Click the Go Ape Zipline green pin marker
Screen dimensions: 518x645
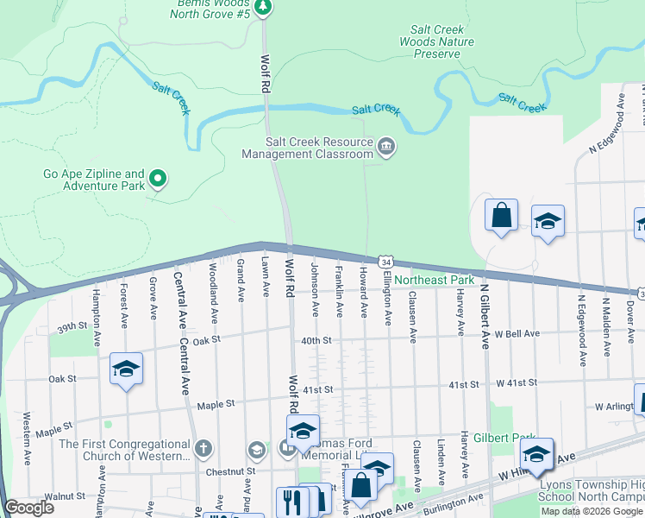158,179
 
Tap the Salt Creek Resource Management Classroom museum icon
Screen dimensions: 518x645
385,148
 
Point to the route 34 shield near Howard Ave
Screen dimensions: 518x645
385,262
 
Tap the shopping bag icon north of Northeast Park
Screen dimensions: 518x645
501,215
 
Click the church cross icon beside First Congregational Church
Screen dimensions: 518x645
203,448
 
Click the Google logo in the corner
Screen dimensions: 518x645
29,508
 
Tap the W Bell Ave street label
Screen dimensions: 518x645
517,333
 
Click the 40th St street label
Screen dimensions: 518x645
316,340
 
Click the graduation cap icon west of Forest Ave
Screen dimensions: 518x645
126,369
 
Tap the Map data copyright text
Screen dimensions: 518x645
592,511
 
